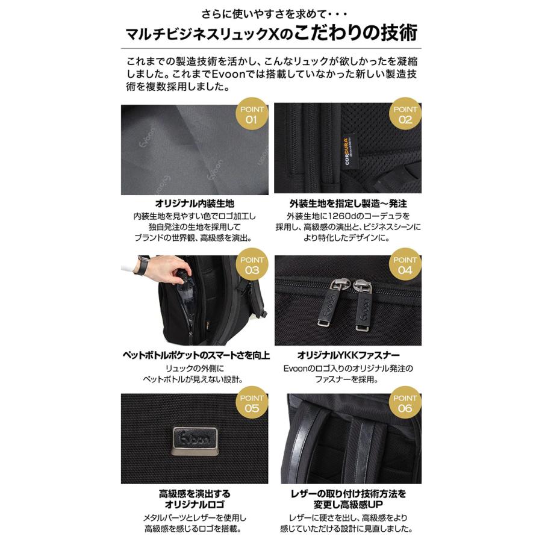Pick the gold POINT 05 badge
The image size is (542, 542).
pyautogui.click(x=252, y=403)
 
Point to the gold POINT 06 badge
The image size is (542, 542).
pyautogui.click(x=405, y=403)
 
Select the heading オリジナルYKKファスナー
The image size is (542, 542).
pyautogui.click(x=348, y=355)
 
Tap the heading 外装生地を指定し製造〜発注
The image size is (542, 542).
pyautogui.click(x=348, y=204)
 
